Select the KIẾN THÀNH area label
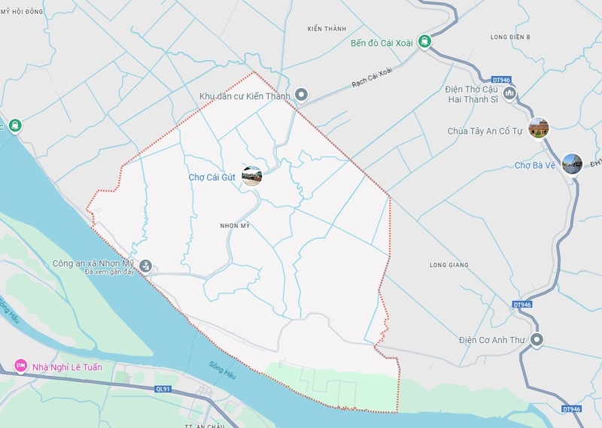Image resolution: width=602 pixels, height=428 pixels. (327, 29)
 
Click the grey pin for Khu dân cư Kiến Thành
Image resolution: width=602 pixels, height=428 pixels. (302, 95)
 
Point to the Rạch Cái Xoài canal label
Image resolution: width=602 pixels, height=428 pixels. (373, 79)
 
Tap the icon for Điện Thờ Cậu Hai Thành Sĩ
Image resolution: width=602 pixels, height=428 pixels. (510, 93)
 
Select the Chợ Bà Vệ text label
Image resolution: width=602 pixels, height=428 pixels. (534, 165)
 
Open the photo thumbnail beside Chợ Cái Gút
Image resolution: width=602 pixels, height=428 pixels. (252, 176)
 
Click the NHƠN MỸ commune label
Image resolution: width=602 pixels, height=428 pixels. (234, 226)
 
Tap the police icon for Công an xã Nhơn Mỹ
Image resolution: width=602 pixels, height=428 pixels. (146, 265)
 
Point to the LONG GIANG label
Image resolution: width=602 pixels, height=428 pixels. (448, 265)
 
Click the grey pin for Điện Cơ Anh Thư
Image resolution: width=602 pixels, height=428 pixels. (537, 340)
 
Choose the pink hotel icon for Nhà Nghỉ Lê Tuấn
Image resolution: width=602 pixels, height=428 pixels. (20, 366)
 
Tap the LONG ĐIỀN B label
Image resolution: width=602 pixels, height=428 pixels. (510, 37)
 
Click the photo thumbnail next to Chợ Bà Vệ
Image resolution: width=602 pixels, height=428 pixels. (572, 163)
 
